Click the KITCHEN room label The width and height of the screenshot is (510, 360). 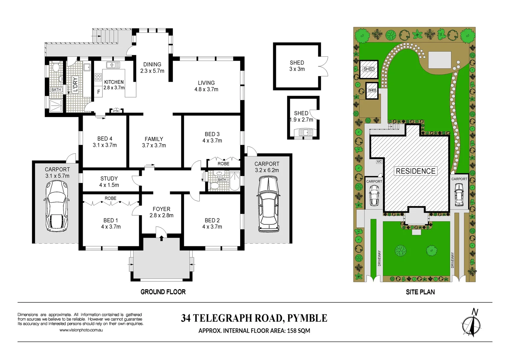[x=114, y=82]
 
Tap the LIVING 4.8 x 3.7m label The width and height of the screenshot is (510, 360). [x=206, y=86]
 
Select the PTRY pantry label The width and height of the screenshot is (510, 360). [x=116, y=111]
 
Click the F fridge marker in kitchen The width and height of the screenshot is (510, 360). [x=99, y=92]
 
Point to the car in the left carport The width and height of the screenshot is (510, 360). [x=56, y=206]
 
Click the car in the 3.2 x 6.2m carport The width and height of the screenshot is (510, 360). [x=268, y=204]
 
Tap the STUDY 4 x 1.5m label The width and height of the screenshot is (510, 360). [x=109, y=182]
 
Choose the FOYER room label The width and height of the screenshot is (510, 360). [x=161, y=209]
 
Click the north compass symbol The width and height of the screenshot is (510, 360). [x=471, y=323]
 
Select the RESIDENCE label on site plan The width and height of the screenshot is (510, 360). [x=416, y=171]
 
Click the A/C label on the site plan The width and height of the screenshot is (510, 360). [x=379, y=162]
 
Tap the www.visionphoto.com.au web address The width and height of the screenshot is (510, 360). [x=81, y=330]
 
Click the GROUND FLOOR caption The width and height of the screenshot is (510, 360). [x=163, y=292]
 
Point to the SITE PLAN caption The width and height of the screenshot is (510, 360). [x=420, y=292]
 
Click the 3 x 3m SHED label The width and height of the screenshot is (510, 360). [x=297, y=66]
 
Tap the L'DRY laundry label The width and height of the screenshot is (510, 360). [x=75, y=84]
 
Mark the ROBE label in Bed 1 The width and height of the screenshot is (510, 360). [x=110, y=198]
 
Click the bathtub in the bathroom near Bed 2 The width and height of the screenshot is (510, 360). [x=234, y=181]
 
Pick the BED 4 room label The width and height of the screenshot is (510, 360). [x=105, y=139]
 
